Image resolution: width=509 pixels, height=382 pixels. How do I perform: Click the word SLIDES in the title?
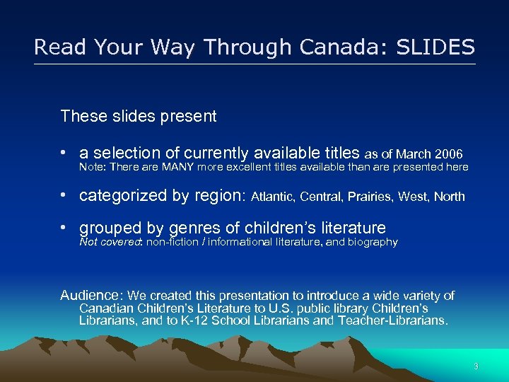pos(436,47)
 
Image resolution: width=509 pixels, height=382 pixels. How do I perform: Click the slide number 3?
pos(476,366)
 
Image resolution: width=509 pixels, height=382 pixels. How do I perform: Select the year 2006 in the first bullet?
pos(450,154)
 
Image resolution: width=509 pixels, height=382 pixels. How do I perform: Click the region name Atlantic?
pos(273,197)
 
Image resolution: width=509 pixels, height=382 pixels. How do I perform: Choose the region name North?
pos(449,197)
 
